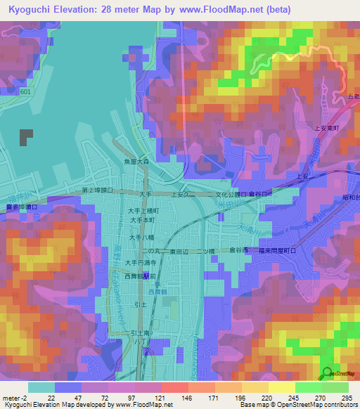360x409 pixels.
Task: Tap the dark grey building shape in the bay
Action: coord(26,137)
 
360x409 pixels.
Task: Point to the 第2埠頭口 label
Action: coord(98,190)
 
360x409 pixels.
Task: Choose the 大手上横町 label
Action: coord(143,210)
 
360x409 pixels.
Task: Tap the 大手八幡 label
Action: coord(139,238)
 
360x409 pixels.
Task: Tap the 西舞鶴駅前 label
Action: coord(143,278)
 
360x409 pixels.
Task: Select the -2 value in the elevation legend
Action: coord(15,398)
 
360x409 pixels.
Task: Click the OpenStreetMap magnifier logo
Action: coord(328,375)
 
